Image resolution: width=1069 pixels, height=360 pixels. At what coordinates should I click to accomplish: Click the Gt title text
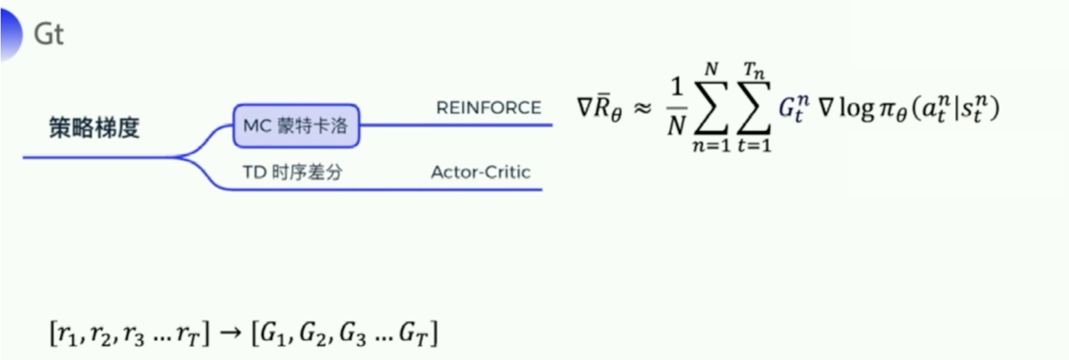click(49, 34)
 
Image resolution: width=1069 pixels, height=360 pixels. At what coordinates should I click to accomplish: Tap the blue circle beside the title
click(10, 33)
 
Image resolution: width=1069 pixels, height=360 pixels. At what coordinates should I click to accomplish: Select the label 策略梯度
click(94, 127)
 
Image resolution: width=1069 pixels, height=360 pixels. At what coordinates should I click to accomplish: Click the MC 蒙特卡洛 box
click(296, 125)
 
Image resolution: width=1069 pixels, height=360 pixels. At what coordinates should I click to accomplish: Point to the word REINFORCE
click(489, 107)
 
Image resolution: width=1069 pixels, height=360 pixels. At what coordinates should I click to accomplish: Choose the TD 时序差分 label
click(292, 173)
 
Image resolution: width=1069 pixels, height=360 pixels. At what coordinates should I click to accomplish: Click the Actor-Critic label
click(481, 173)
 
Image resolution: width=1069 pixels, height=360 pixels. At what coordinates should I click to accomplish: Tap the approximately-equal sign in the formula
click(642, 108)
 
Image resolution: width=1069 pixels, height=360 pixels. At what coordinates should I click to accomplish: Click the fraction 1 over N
click(676, 107)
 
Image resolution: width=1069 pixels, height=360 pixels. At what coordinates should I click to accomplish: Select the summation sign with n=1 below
click(711, 108)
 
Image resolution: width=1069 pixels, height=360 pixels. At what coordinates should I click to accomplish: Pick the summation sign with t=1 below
click(754, 108)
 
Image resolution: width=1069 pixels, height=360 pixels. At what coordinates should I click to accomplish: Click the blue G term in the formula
click(793, 108)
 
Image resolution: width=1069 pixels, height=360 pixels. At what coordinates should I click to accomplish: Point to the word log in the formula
click(856, 108)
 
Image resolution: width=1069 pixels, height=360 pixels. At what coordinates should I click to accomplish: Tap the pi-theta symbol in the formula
click(893, 109)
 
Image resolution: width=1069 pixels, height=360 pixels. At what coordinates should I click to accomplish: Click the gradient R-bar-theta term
click(599, 108)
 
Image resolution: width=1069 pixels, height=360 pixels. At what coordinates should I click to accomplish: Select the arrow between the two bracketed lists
click(230, 332)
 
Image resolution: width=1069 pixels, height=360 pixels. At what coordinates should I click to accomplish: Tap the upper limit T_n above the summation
click(754, 70)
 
